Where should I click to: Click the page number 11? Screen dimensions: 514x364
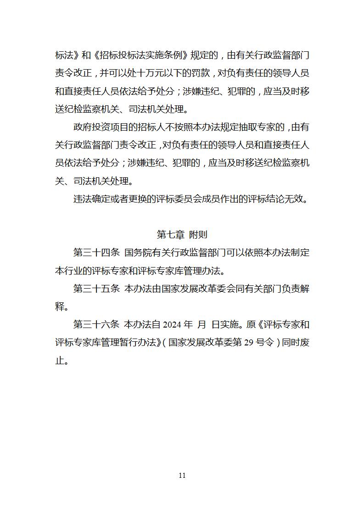tap(182, 475)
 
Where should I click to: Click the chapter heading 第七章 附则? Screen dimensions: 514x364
tap(182, 235)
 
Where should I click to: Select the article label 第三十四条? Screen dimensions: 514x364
tap(96, 252)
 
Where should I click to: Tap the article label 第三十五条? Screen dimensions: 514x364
tap(96, 289)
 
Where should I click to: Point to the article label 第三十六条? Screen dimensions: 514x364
tap(96, 325)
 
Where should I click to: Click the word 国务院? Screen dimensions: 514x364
tap(138, 252)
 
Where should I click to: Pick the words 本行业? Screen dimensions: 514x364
tap(69, 271)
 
